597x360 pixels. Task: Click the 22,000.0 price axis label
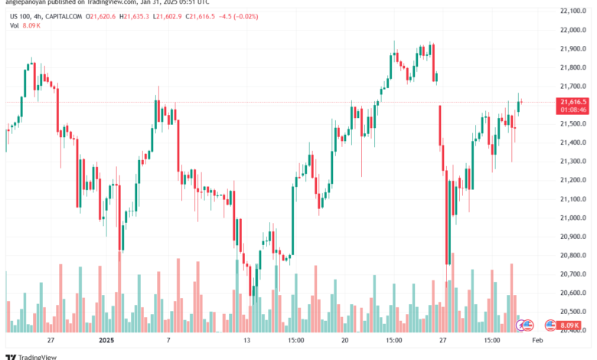point(573,30)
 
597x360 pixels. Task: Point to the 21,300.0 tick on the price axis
point(573,161)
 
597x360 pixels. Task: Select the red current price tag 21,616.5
point(573,102)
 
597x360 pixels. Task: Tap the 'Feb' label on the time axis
point(537,339)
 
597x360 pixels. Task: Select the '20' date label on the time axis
point(345,339)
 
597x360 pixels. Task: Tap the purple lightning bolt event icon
point(528,326)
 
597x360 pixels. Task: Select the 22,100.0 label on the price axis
point(573,11)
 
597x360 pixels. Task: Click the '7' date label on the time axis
point(167,339)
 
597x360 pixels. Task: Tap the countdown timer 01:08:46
point(573,110)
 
